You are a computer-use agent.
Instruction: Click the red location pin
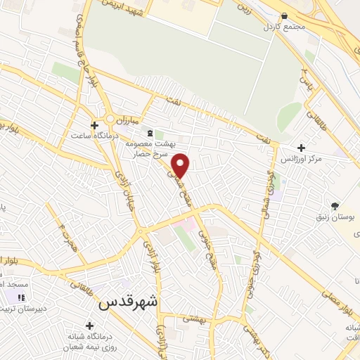pyautogui.click(x=181, y=165)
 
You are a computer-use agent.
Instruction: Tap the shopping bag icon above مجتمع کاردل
pyautogui.click(x=283, y=15)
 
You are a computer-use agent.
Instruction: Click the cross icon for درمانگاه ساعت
pyautogui.click(x=94, y=124)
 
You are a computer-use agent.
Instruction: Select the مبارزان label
pyautogui.click(x=127, y=120)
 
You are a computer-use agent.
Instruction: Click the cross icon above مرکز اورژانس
pyautogui.click(x=302, y=148)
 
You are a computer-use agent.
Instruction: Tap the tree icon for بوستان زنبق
pyautogui.click(x=335, y=205)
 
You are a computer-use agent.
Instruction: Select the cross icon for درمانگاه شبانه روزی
pyautogui.click(x=89, y=326)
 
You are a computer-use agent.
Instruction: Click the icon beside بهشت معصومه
pyautogui.click(x=148, y=132)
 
